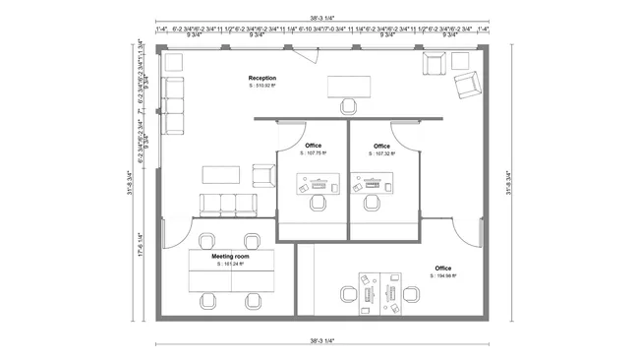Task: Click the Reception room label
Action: click(x=261, y=78)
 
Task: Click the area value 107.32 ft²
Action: click(x=381, y=153)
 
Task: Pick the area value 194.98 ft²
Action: click(x=442, y=276)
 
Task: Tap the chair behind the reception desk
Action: click(x=347, y=105)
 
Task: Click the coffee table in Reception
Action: click(x=220, y=174)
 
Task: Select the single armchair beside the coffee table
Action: click(x=262, y=175)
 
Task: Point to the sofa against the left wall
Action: click(x=175, y=99)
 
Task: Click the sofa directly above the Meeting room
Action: click(x=227, y=205)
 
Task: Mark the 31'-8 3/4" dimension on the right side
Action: click(x=509, y=179)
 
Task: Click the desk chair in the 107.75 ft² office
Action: click(x=318, y=202)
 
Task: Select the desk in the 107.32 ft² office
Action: click(x=371, y=183)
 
